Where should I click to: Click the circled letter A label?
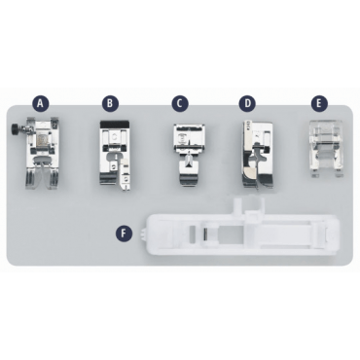pyautogui.click(x=40, y=103)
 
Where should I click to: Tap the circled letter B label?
pyautogui.click(x=110, y=103)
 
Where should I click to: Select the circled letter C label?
pyautogui.click(x=180, y=103)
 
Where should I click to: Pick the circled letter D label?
pyautogui.click(x=247, y=103)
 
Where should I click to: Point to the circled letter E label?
pyautogui.click(x=319, y=103)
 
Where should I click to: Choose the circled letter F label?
pyautogui.click(x=124, y=233)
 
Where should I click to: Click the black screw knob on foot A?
pyautogui.click(x=15, y=126)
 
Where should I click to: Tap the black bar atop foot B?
pyautogui.click(x=115, y=124)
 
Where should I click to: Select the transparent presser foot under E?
pyautogui.click(x=326, y=149)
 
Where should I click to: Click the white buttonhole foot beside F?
pyautogui.click(x=242, y=233)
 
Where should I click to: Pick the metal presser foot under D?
pyautogui.click(x=256, y=155)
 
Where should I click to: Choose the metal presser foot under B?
pyautogui.click(x=115, y=155)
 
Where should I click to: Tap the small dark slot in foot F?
pyautogui.click(x=205, y=234)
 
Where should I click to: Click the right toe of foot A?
pyautogui.click(x=53, y=179)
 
